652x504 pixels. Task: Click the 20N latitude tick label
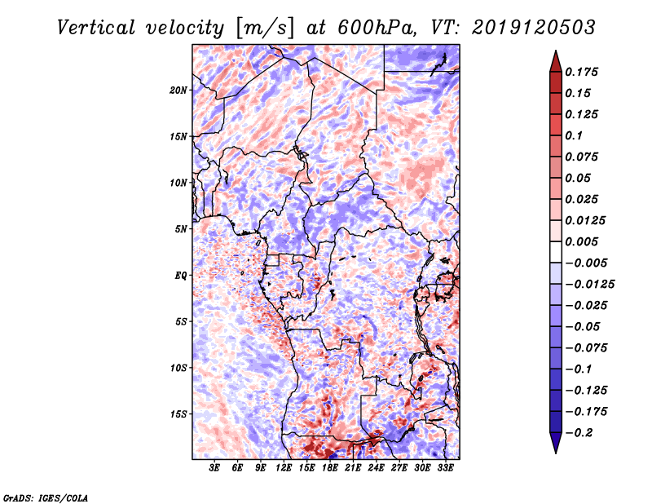tap(178, 90)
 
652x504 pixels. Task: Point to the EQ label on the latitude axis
tap(180, 276)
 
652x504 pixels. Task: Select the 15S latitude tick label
tap(178, 414)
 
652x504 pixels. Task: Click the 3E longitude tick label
tap(215, 468)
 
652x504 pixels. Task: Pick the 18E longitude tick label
tap(330, 468)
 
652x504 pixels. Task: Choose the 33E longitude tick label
tap(445, 468)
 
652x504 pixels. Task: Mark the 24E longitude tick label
tap(376, 468)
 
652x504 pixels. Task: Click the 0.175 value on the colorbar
tap(583, 72)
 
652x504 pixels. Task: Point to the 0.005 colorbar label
tap(583, 241)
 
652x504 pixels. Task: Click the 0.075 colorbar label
tap(583, 157)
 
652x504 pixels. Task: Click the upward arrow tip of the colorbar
tap(554, 53)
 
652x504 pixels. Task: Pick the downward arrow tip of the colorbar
tap(554, 451)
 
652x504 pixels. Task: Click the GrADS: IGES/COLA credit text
tap(46, 496)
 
